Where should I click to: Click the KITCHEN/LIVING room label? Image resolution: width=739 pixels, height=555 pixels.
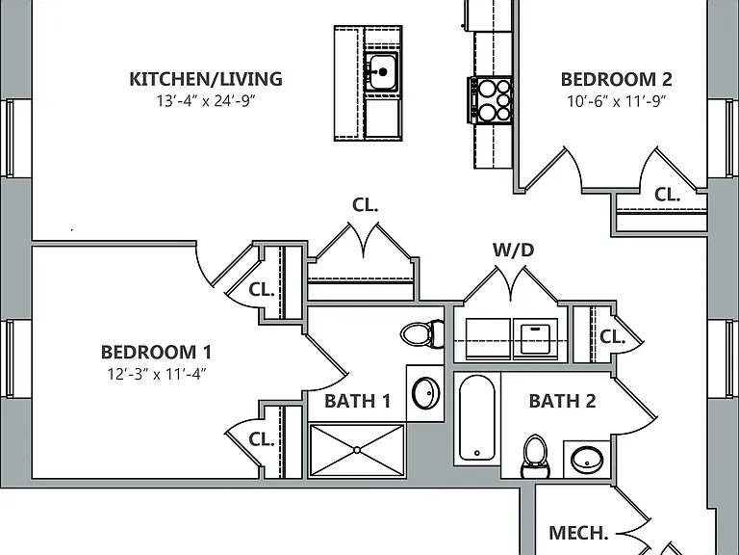tap(206, 79)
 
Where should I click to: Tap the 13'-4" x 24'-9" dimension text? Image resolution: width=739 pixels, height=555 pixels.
tap(206, 101)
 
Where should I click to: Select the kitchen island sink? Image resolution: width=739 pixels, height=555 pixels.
tap(382, 71)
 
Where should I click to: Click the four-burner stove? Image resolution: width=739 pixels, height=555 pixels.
tap(490, 100)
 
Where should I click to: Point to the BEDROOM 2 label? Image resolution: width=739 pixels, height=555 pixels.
tap(617, 79)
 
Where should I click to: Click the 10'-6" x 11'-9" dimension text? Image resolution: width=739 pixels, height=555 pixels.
tap(617, 101)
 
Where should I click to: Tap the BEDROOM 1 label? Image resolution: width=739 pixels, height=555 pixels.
tap(156, 352)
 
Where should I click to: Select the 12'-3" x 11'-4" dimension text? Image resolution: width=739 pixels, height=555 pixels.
tap(157, 374)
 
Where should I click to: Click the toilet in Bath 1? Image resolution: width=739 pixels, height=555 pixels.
tap(422, 334)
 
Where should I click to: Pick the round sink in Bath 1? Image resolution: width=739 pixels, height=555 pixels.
tap(425, 393)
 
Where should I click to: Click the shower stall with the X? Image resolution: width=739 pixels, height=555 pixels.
tap(357, 450)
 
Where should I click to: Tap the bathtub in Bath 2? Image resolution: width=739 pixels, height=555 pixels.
tap(477, 417)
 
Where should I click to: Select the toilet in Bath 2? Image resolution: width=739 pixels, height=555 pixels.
tap(535, 456)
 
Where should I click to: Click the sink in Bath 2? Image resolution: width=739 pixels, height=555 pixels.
tap(587, 459)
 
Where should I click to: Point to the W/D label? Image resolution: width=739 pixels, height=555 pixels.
tap(513, 250)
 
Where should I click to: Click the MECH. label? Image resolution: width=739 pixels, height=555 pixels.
tap(578, 533)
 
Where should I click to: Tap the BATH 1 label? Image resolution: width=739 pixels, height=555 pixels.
tap(357, 401)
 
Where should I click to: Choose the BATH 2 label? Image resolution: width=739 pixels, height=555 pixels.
tap(562, 401)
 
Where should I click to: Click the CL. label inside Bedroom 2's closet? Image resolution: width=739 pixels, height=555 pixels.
tap(668, 194)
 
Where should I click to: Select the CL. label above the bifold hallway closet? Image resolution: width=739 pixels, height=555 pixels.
tap(366, 204)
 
